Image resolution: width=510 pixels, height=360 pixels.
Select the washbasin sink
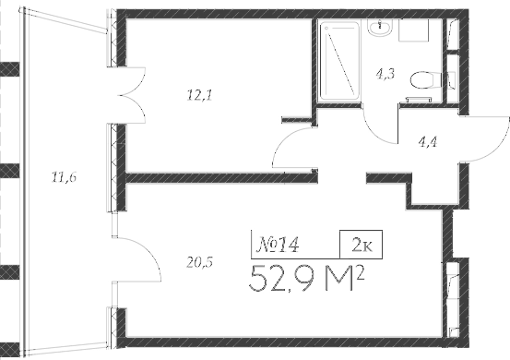pos(380,29)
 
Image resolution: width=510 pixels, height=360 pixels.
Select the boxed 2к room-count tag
pos(362,245)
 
